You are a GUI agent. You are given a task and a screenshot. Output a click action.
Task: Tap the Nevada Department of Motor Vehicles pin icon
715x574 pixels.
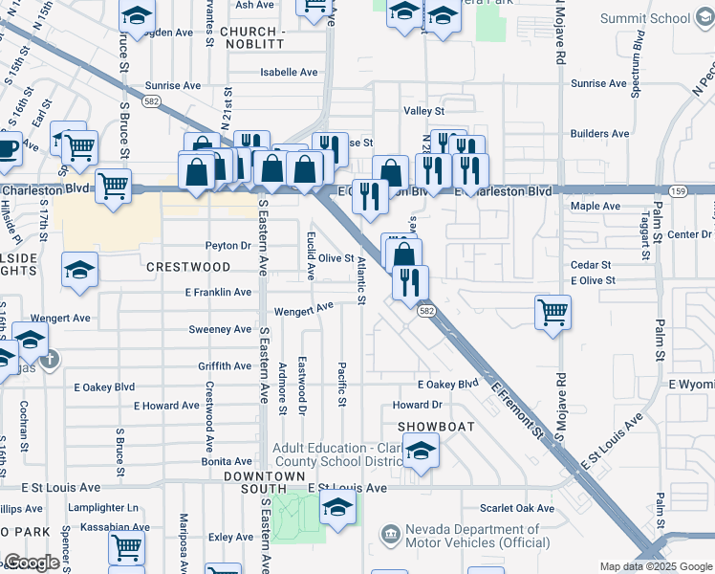click(x=390, y=533)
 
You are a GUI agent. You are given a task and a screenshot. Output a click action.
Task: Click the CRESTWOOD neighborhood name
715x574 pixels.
click(x=188, y=267)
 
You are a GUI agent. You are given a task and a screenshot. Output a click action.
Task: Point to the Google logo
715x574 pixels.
click(x=31, y=563)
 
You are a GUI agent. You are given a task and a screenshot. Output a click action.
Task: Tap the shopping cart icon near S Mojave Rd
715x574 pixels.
click(x=552, y=312)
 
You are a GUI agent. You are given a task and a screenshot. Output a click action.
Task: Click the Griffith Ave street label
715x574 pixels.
click(x=225, y=366)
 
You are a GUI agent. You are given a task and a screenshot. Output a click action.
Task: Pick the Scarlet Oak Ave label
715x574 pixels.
click(x=517, y=508)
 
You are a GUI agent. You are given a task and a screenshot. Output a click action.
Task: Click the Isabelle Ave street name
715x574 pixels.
click(x=289, y=73)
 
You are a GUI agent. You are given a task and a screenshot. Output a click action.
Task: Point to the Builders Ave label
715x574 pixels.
click(x=599, y=134)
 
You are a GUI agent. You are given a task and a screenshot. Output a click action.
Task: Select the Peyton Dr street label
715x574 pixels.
click(x=226, y=246)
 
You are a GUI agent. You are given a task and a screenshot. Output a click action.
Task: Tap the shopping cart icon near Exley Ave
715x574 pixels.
click(x=126, y=549)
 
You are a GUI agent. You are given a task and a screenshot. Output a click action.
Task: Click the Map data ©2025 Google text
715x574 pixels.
click(x=655, y=566)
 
